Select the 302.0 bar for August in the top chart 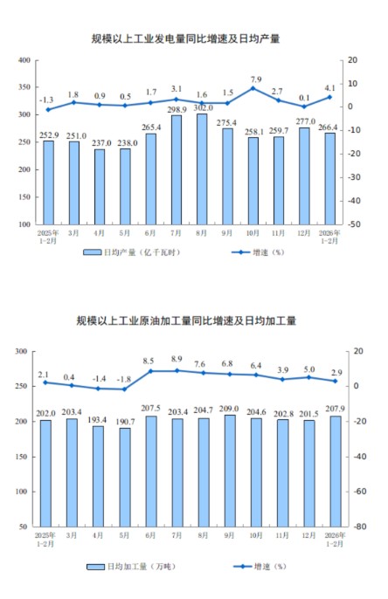202,169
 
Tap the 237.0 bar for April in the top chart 100,187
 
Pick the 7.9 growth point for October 253,88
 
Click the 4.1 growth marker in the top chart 329,97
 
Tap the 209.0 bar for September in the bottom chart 227,472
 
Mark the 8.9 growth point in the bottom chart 177,370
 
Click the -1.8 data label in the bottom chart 125,379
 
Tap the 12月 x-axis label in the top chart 304,234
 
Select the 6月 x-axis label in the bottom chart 151,534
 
